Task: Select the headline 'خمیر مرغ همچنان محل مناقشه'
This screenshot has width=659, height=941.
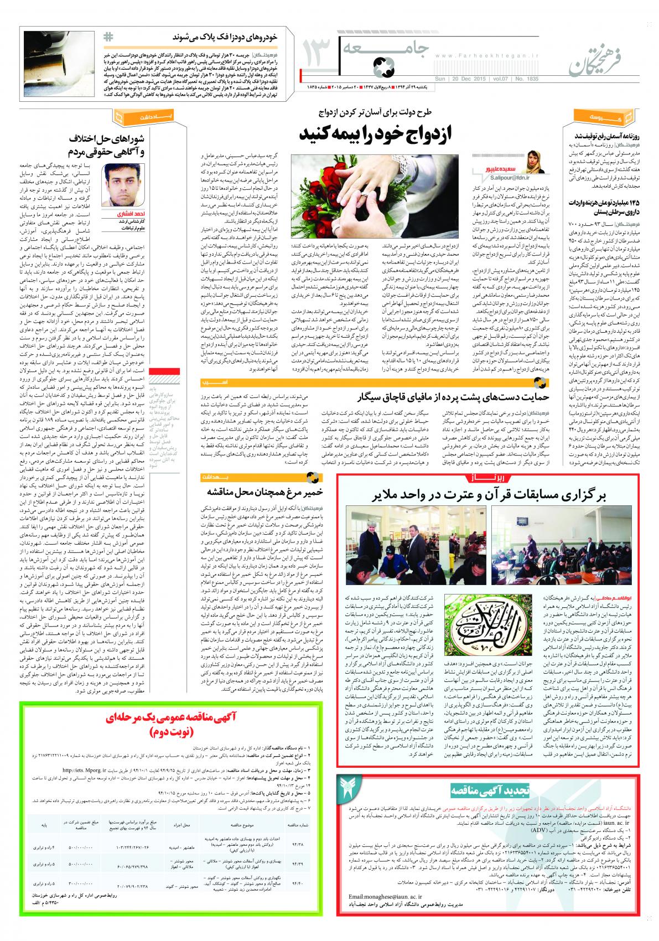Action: click(x=257, y=491)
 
